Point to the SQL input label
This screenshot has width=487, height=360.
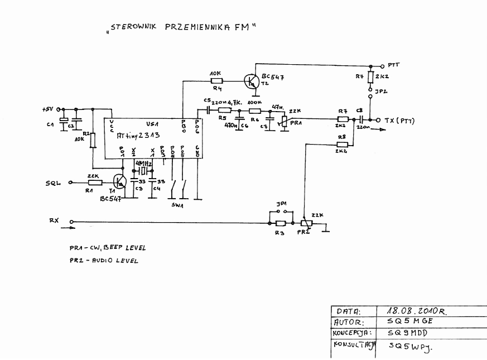[x=54, y=183]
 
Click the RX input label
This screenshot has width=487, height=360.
[x=54, y=220]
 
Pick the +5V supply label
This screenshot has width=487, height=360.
[x=49, y=109]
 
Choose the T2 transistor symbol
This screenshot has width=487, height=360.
[x=252, y=82]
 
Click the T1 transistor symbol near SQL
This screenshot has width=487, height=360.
[x=119, y=181]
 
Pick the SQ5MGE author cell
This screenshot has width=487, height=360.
[x=411, y=323]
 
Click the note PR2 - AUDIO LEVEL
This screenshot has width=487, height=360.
[x=104, y=261]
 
